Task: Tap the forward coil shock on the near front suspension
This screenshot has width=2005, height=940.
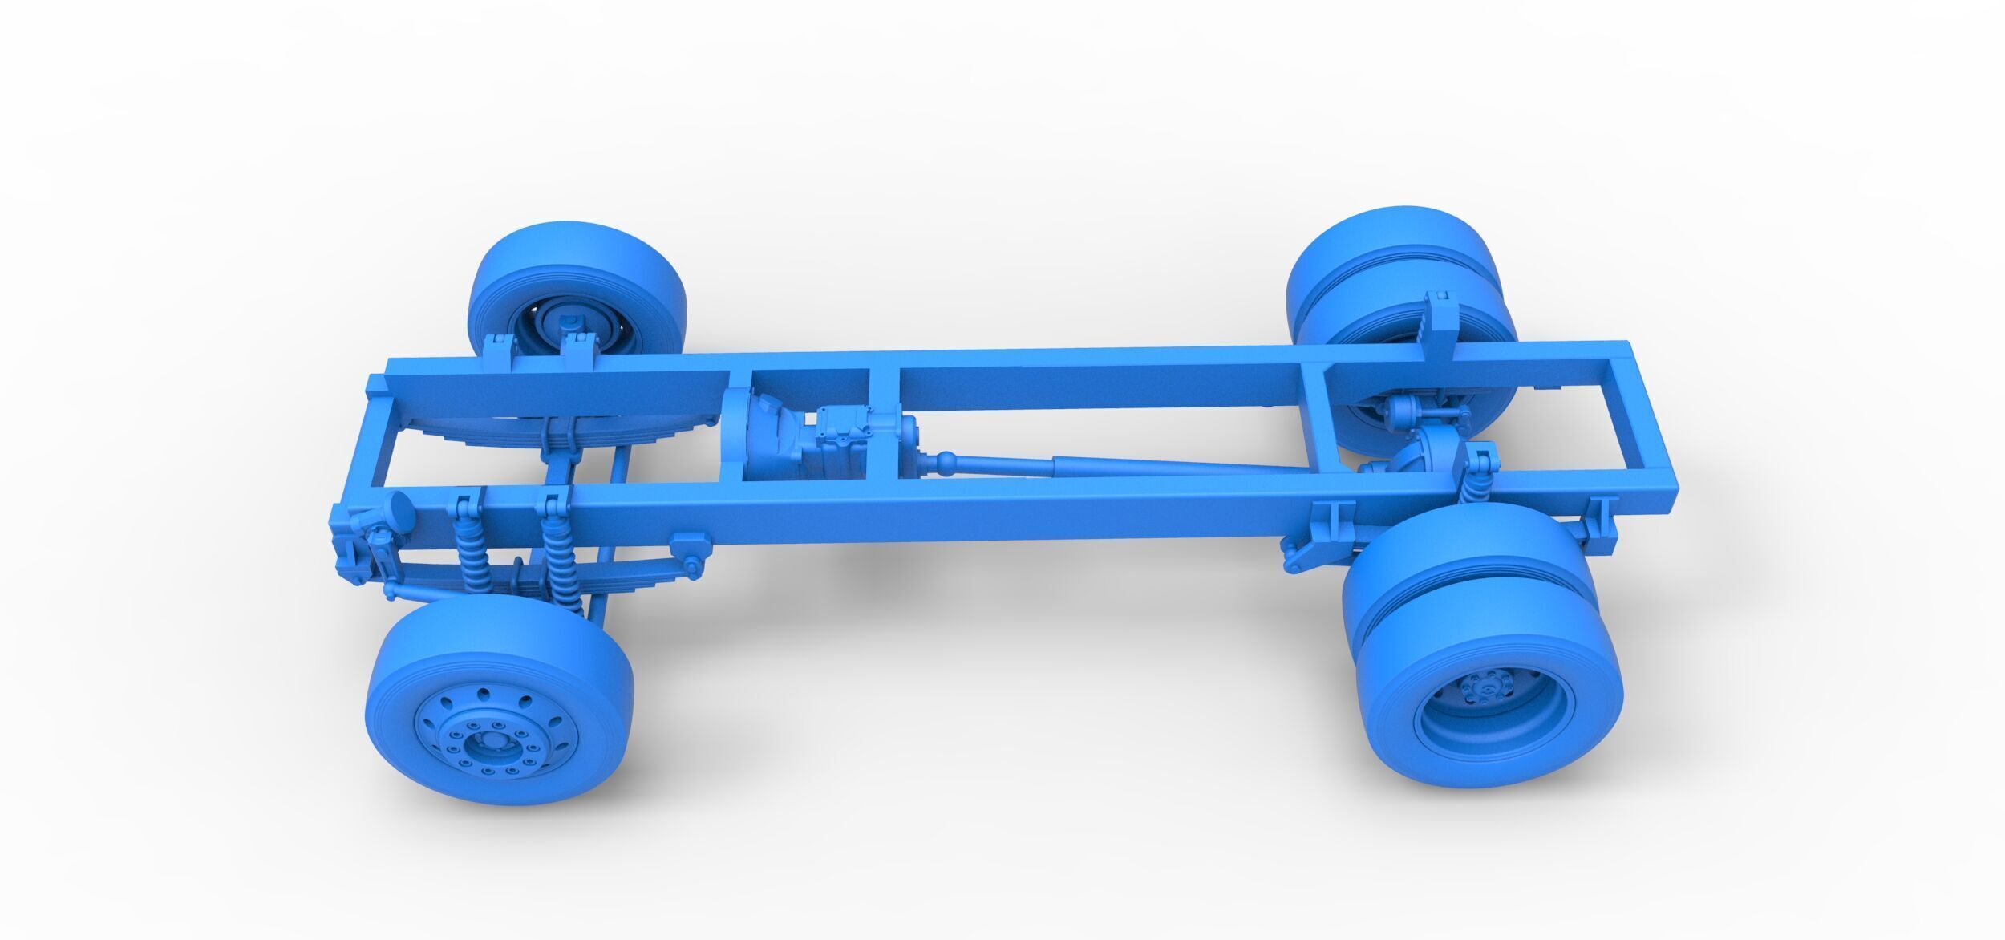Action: tap(468, 553)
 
